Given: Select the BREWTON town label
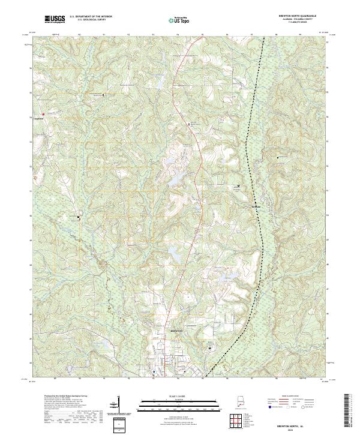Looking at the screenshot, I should (x=176, y=331).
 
